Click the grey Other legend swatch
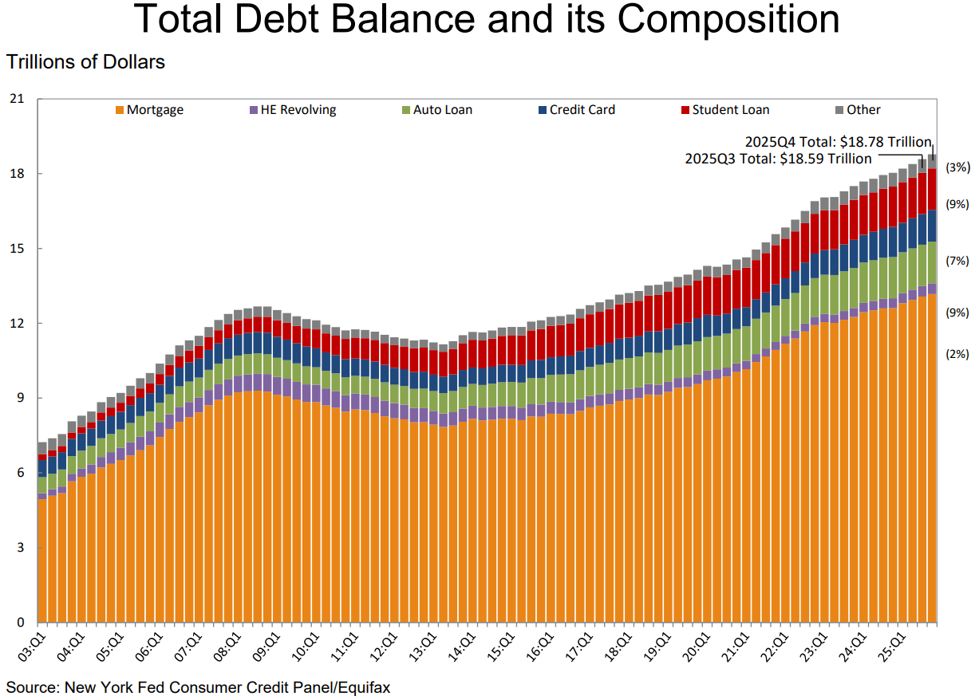(839, 110)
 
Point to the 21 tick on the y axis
(18, 99)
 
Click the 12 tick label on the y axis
(18, 323)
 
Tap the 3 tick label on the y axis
(21, 548)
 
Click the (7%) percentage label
(957, 261)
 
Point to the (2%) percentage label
(957, 353)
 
